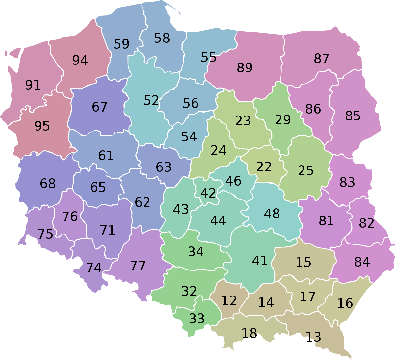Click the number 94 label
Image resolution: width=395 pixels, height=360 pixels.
80,60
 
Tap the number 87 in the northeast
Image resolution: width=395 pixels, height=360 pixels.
321,59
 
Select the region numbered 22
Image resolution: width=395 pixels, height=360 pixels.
264,167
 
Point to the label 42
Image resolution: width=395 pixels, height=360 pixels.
208,193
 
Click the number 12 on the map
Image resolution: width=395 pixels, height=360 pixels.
229,300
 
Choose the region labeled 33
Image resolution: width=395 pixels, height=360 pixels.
197,318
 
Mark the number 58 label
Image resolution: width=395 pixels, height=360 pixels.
162,38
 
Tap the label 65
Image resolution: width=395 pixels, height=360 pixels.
98,187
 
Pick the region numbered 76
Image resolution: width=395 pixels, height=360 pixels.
70,217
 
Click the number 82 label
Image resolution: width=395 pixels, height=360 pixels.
366,223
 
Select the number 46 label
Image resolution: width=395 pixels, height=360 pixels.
233,181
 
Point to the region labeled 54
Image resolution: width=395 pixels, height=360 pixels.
189,137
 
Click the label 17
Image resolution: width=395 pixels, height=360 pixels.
308,297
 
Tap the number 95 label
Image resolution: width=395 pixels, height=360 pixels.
42,126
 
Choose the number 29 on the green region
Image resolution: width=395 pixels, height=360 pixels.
283,120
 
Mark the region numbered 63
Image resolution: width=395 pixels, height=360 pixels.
164,167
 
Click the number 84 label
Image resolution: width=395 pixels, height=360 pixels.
362,262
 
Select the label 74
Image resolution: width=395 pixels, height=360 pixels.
94,268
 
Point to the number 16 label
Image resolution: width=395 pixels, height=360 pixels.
345,303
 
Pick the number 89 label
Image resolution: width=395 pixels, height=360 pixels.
245,68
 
